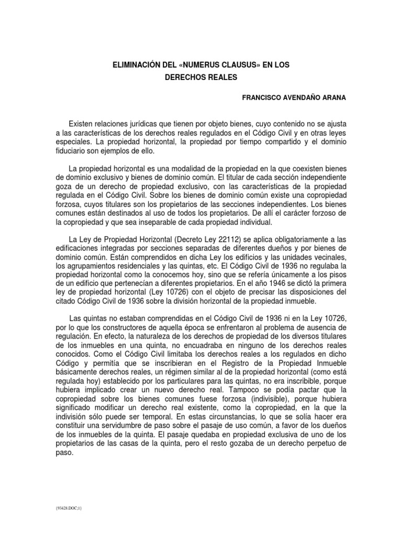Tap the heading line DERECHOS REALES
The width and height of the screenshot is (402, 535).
[x=201, y=77]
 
